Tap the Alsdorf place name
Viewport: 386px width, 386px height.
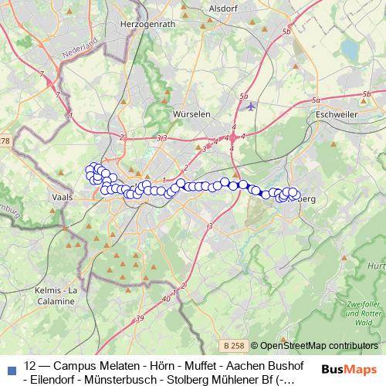224,8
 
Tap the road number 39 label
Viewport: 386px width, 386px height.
140,318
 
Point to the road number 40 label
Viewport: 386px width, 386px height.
166,297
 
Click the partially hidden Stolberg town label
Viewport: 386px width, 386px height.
306,198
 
